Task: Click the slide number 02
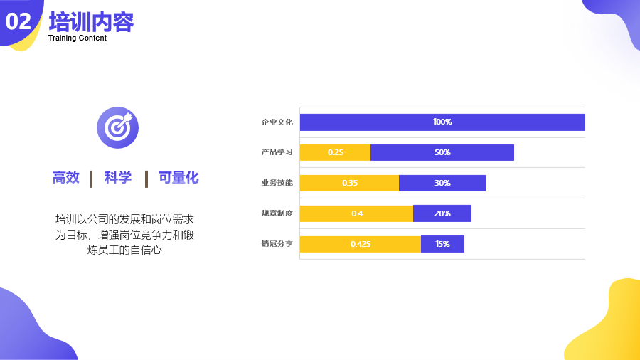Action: tap(18, 21)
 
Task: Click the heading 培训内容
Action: tap(92, 21)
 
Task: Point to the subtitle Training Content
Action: tap(77, 38)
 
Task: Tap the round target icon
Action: tap(117, 128)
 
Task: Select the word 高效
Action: tap(65, 178)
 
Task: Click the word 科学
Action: tap(118, 178)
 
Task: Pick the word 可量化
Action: tap(178, 178)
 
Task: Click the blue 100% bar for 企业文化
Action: tap(442, 122)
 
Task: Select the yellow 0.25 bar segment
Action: tap(335, 152)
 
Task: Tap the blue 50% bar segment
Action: tap(442, 152)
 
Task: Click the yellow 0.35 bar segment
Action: tap(349, 183)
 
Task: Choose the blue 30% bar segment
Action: tap(442, 183)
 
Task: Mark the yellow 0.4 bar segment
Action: tap(356, 213)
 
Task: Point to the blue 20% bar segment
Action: tap(442, 213)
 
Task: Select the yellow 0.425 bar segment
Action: tap(361, 244)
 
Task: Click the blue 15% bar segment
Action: tap(442, 244)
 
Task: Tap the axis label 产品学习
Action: tap(277, 152)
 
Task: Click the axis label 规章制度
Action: tap(277, 213)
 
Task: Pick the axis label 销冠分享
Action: tap(277, 243)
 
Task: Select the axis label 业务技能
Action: tap(277, 182)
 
